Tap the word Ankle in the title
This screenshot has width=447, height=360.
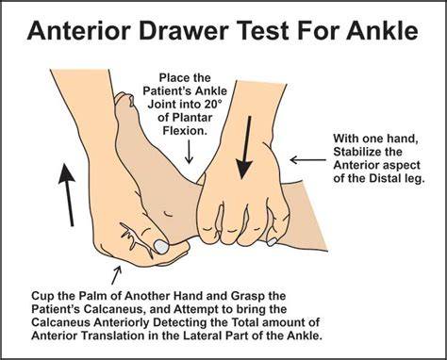pos(382,30)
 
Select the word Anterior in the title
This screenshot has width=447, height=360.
pos(79,30)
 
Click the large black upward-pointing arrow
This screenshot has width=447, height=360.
pos(67,194)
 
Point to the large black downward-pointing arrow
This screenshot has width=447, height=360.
pos(245,148)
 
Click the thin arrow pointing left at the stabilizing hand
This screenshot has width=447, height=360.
pos(307,160)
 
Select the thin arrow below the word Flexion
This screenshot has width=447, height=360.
pos(189,152)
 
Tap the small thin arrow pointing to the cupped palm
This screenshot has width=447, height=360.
pos(116,275)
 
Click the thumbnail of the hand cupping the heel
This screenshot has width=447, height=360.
pos(161,246)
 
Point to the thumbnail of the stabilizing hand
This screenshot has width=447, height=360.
pos(272,241)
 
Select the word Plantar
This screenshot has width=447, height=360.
pos(191,117)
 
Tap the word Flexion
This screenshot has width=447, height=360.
pos(185,130)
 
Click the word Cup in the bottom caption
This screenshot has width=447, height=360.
pos(41,296)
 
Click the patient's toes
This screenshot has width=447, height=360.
pos(125,102)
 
